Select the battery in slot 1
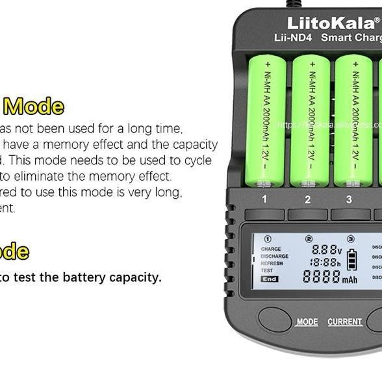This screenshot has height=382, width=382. [265, 120]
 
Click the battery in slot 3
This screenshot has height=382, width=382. [353, 120]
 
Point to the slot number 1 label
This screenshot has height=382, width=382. [264, 199]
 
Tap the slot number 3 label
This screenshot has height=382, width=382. [349, 199]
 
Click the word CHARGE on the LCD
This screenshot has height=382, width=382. [271, 249]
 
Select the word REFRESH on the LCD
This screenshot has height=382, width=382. [272, 263]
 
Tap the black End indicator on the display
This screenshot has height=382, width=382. [269, 279]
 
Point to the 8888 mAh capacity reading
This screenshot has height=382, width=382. [329, 277]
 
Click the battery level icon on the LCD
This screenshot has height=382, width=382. [351, 259]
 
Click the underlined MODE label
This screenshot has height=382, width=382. [307, 322]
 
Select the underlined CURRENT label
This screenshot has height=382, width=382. [344, 322]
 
